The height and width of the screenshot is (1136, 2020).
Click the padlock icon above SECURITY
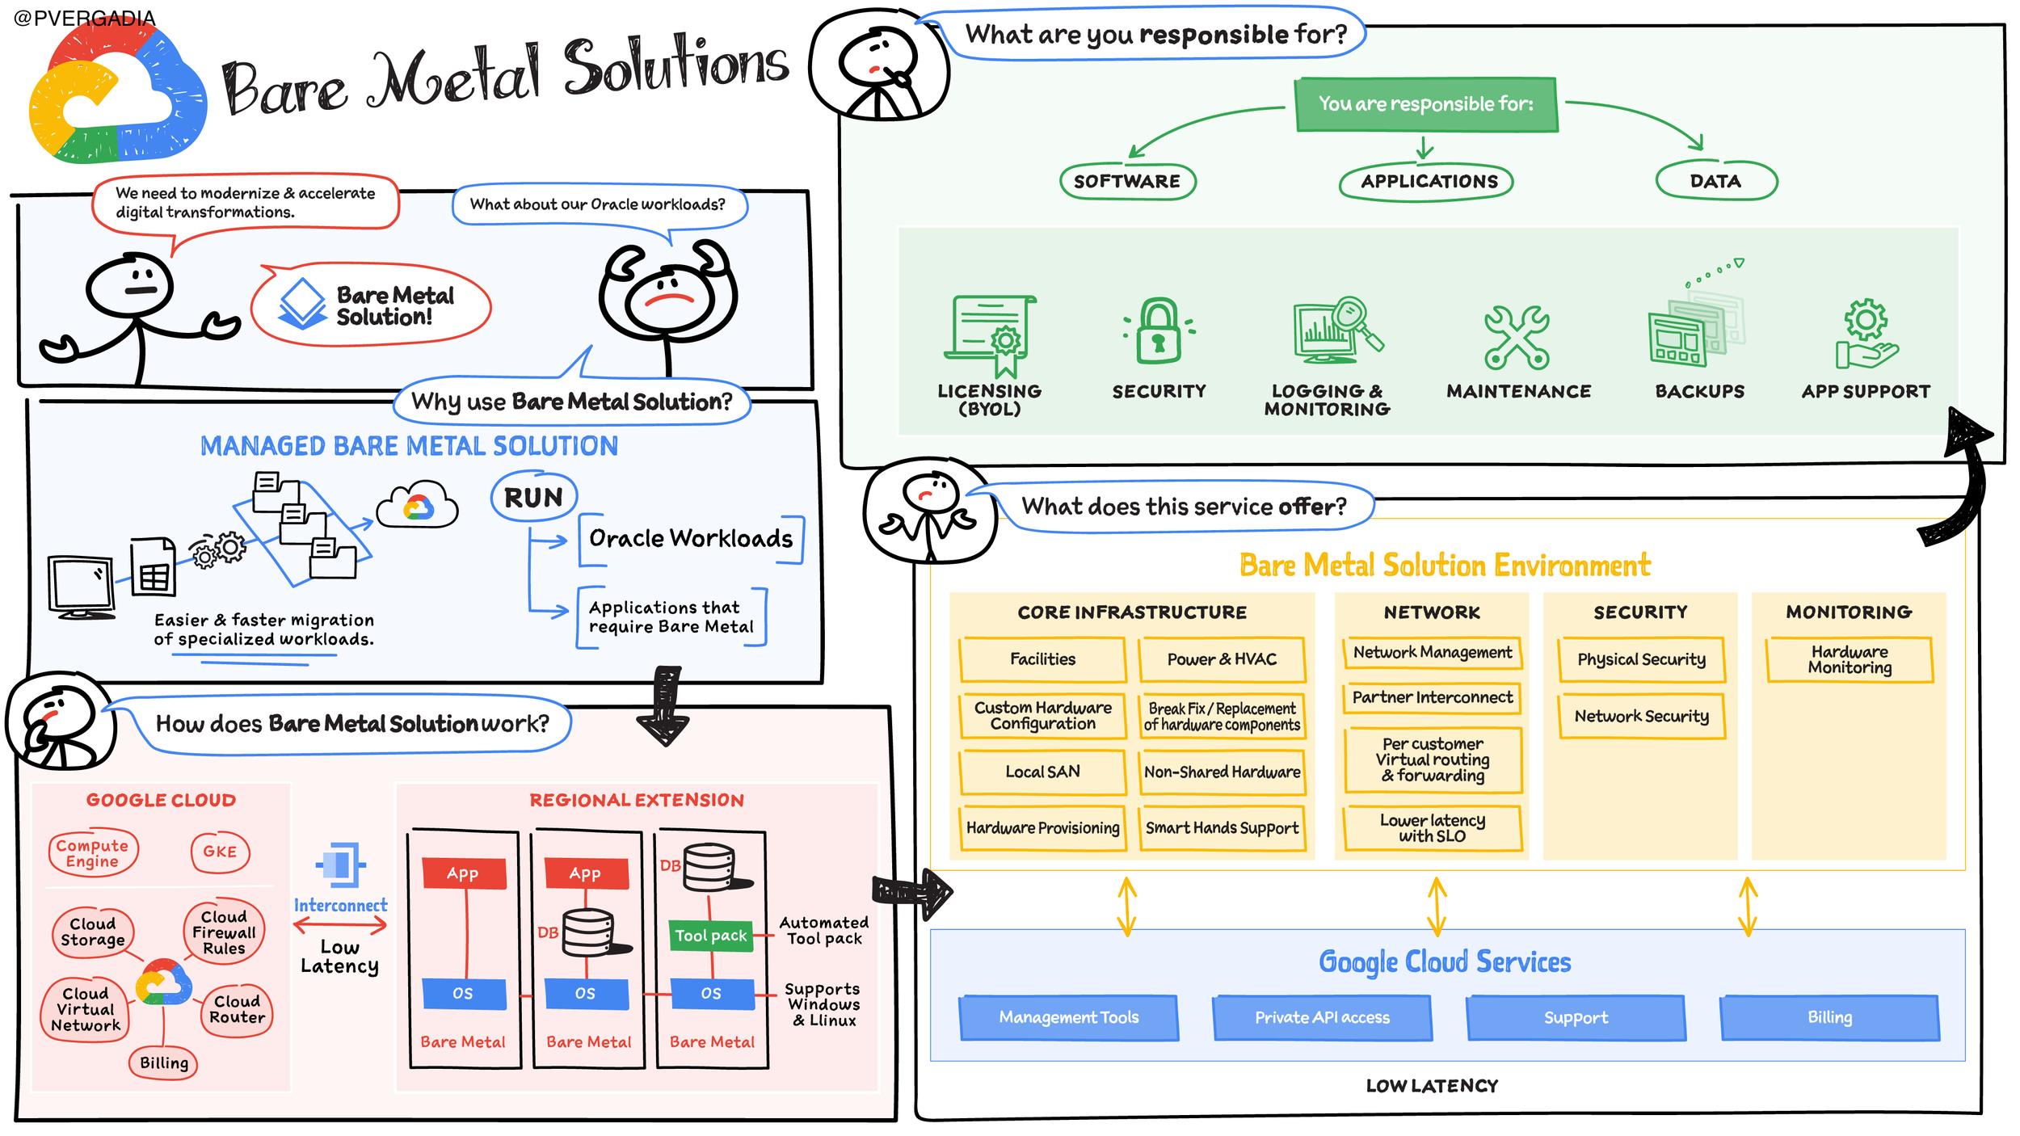click(x=1159, y=331)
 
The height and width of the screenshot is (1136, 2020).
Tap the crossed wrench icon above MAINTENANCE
click(x=1517, y=338)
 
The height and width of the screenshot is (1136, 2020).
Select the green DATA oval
click(x=1716, y=181)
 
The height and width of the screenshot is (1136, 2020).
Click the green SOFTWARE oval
click(x=1127, y=181)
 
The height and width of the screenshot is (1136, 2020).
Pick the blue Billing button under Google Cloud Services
click(x=1830, y=1018)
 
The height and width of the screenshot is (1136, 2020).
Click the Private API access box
click(x=1322, y=1018)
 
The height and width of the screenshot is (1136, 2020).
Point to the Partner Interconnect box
click(x=1433, y=698)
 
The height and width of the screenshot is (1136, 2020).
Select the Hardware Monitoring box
click(x=1850, y=660)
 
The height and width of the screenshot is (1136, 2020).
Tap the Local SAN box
click(x=1042, y=772)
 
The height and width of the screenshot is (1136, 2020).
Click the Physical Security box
click(x=1641, y=660)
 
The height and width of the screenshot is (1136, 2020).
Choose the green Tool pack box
click(x=711, y=936)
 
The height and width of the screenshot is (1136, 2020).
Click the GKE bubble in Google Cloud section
click(x=220, y=852)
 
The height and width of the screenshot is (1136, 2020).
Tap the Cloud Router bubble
click(x=237, y=1010)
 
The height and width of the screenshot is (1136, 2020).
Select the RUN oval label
click(x=534, y=497)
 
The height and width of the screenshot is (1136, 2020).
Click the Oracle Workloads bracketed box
click(x=692, y=539)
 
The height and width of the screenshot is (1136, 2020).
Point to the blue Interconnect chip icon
click(x=340, y=865)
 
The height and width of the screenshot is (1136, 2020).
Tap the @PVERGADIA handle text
click(x=85, y=18)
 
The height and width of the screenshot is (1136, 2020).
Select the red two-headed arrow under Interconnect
click(x=340, y=926)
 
